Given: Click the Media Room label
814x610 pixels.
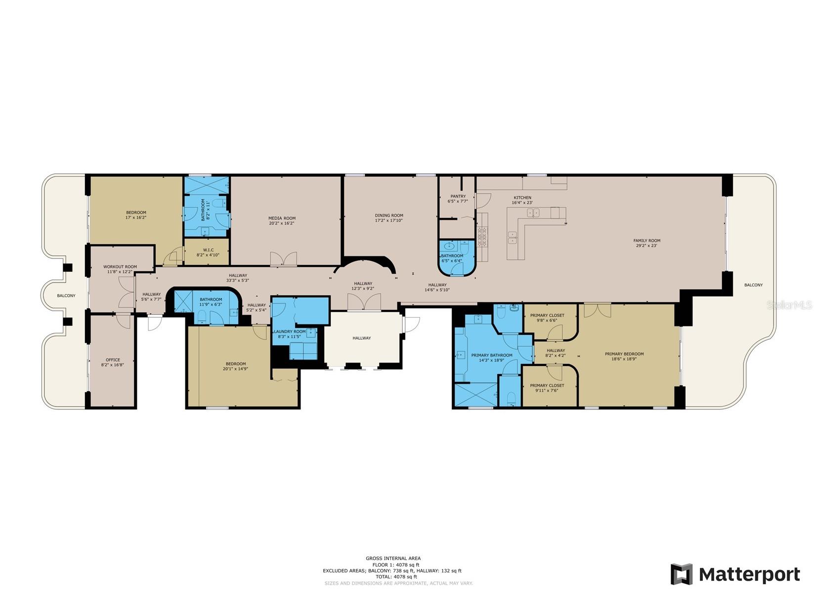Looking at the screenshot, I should pos(282,218).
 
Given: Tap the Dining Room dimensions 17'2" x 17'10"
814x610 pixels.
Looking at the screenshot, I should pos(389,221).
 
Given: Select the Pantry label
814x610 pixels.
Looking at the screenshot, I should pos(458,196).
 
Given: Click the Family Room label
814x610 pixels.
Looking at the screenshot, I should pos(646,241).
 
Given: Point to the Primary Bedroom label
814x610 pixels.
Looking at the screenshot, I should pos(624,354).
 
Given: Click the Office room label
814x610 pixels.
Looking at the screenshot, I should pos(113,360).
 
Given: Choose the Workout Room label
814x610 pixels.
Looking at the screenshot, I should pos(120,267).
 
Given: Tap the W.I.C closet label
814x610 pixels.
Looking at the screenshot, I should pos(208,249).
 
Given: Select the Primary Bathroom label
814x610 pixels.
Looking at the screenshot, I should pos(491,355).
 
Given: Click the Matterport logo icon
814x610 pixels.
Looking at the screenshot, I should pos(681,574).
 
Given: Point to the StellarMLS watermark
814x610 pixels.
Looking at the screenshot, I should pos(789,305).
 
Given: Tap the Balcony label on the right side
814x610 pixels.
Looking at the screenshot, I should pos(753,285).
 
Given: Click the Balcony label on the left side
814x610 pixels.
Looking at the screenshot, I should pos(66,295).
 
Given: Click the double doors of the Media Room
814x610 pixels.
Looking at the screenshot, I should pos(283,259).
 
